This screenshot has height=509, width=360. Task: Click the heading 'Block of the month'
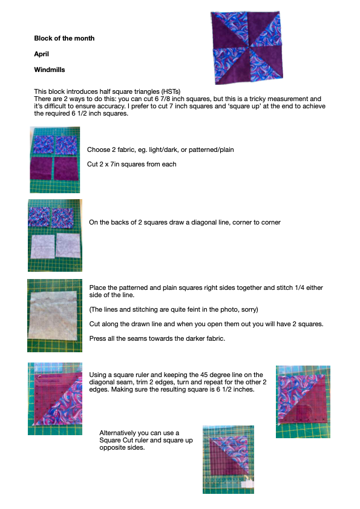point(64,38)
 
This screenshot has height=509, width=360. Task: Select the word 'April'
point(42,54)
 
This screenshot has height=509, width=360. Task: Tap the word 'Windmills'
point(50,70)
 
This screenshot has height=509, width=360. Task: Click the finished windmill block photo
point(247,48)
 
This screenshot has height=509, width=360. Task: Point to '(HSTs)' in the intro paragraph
point(171,91)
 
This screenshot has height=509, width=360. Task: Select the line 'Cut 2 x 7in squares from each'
point(131,164)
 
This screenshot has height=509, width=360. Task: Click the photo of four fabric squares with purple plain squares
point(55,160)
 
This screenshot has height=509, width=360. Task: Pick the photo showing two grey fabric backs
point(55,235)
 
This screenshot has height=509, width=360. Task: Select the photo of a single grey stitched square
point(54,315)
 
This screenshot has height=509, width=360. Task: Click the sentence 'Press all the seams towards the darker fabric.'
point(157,338)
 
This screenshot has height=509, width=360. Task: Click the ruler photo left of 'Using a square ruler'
point(55,399)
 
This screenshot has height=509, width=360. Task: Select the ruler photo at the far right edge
point(303,402)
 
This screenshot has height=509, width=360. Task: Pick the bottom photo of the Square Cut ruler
point(228,459)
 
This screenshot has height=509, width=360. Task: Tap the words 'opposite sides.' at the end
point(122,448)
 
